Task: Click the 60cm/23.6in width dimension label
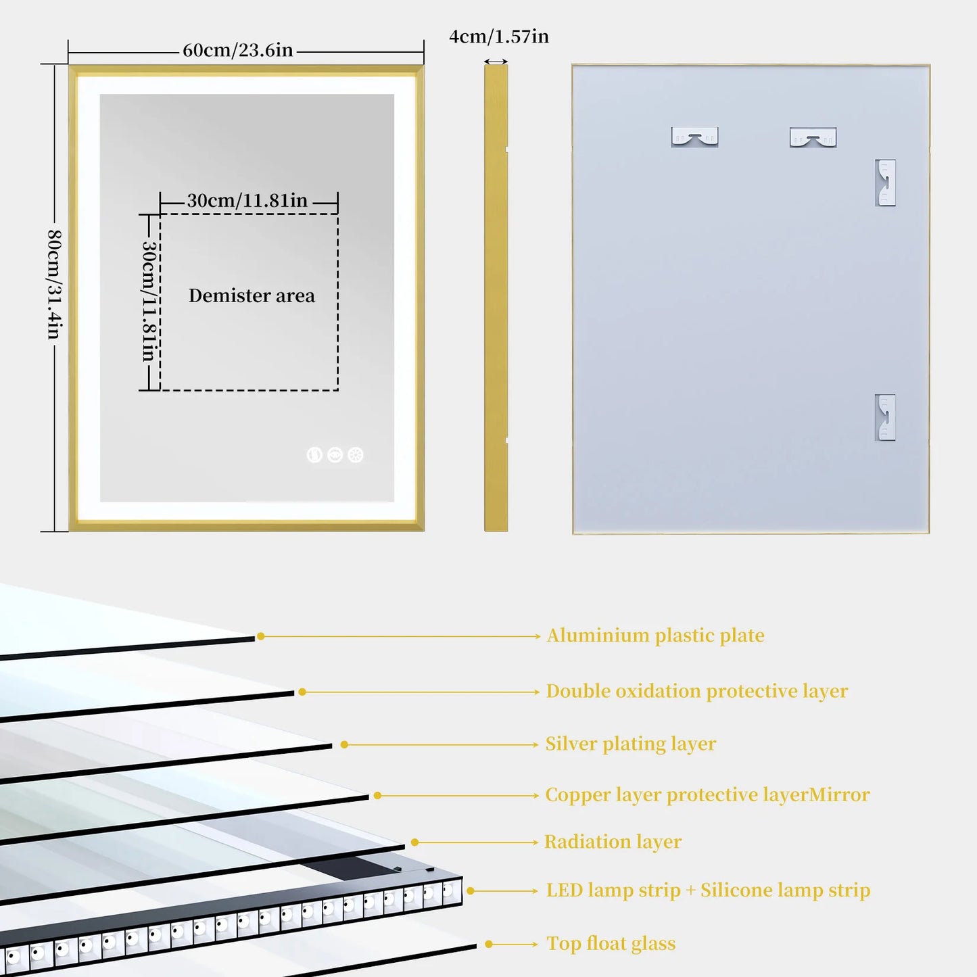coord(237,50)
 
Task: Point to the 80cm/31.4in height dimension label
coord(54,284)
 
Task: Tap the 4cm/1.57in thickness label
coord(499,37)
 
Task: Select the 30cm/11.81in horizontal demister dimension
coord(247,200)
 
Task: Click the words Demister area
coord(252,295)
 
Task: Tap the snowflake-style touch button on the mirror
coord(356,455)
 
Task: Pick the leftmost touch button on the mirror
coord(314,455)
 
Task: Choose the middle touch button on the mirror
coord(335,455)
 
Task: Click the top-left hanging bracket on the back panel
coord(694,137)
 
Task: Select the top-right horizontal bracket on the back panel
coord(813,138)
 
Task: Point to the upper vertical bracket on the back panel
coord(885,183)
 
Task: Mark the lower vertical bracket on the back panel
coord(885,417)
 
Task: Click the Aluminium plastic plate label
coord(655,636)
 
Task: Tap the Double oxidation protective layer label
coord(696,691)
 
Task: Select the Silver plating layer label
coord(630,744)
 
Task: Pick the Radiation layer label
coord(613,842)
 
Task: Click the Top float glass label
coord(611,944)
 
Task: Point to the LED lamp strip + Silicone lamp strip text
coord(708,890)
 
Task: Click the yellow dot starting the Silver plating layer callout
coord(344,744)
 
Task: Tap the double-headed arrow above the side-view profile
coord(496,62)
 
